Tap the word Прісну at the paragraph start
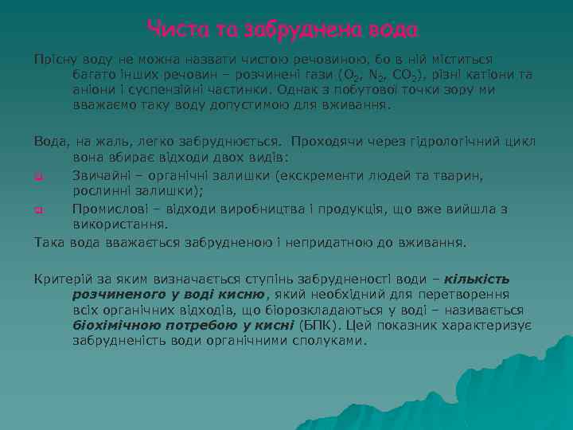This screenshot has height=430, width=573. point(54,60)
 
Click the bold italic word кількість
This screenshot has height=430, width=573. point(477,279)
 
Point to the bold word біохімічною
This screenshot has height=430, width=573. point(117,325)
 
